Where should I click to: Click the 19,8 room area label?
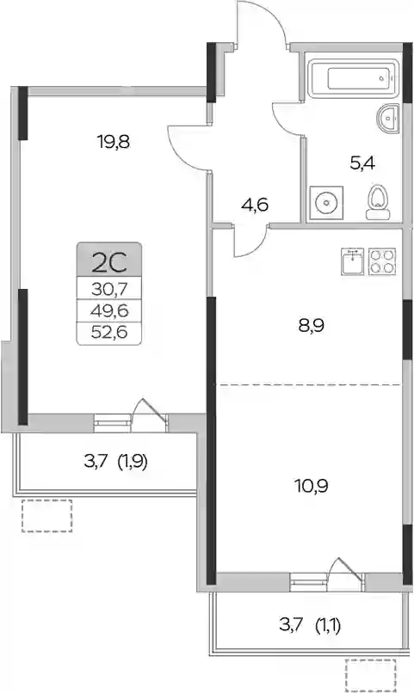(x=114, y=143)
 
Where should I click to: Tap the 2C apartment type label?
(x=108, y=263)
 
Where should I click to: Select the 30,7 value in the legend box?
(x=109, y=290)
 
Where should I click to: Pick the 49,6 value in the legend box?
(x=109, y=311)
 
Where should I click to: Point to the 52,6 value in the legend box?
(x=109, y=332)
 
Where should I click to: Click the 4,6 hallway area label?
(x=256, y=205)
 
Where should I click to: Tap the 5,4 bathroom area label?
(x=362, y=163)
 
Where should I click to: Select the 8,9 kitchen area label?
(x=311, y=326)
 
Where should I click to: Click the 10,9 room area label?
(x=312, y=486)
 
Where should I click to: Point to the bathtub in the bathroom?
(x=352, y=78)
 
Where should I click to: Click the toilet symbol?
(x=377, y=202)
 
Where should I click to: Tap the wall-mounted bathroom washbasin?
(x=388, y=118)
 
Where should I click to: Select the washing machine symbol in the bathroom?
(x=326, y=203)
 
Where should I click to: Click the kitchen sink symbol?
(x=353, y=261)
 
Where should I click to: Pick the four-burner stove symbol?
(x=381, y=261)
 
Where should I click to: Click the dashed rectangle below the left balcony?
(x=46, y=516)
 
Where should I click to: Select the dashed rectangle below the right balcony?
(x=371, y=675)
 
